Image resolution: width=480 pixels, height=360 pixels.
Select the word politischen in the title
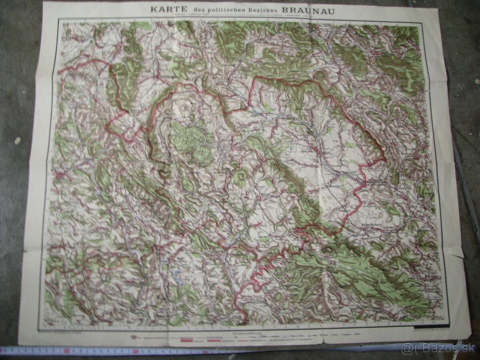click(212, 9)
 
